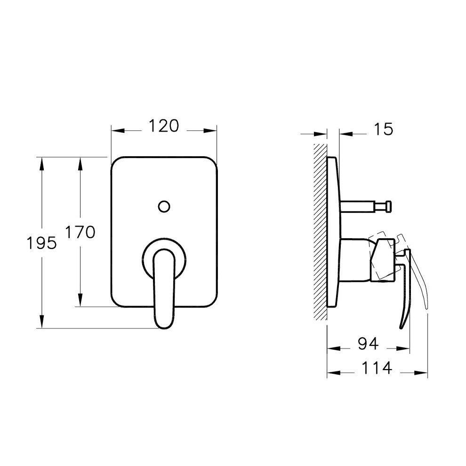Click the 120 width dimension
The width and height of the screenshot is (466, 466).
164,126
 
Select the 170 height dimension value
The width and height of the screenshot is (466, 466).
80,232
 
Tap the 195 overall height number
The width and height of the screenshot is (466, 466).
41,243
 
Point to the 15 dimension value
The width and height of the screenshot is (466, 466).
383,129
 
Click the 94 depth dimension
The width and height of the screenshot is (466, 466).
368,344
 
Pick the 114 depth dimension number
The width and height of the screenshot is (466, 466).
377,368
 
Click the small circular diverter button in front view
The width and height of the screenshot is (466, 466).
164,206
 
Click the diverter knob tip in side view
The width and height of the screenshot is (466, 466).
388,206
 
